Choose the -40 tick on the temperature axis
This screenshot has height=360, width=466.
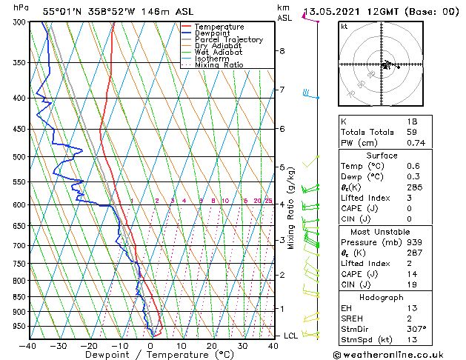tap(28, 345)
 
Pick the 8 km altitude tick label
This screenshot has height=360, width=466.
tap(282, 51)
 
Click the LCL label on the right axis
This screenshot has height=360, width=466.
tap(291, 336)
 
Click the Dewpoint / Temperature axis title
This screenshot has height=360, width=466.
tap(150, 355)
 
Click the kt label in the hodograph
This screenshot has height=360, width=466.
tap(344, 27)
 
